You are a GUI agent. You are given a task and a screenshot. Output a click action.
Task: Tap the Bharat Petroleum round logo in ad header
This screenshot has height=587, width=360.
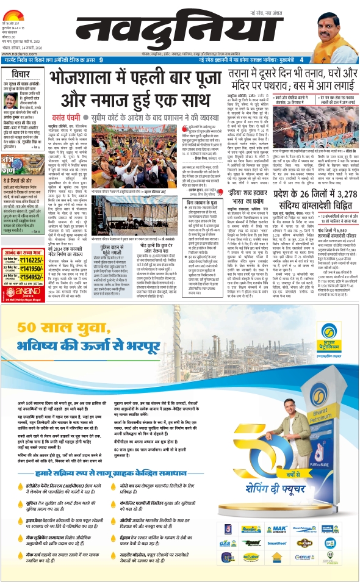329,333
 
